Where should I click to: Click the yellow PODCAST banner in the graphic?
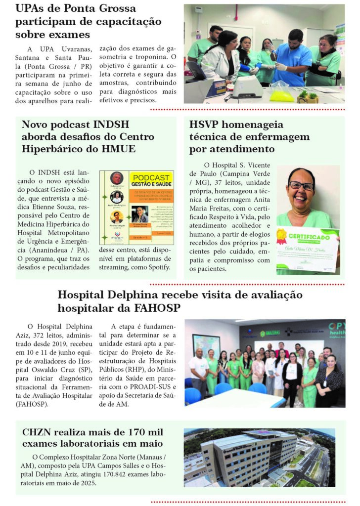151,179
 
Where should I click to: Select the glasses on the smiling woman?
301,186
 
